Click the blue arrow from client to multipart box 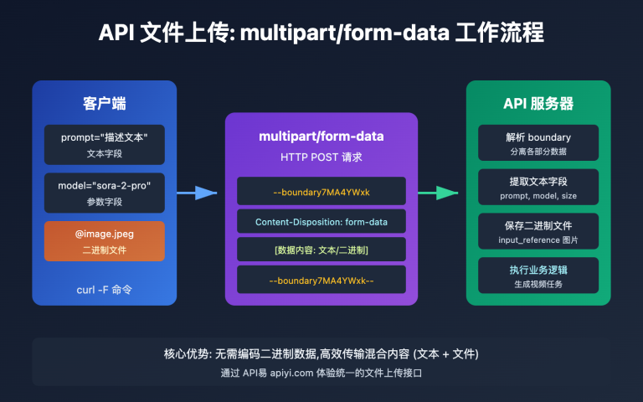[198, 193]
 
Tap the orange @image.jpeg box [104, 241]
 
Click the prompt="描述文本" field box [104, 144]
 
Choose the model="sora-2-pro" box [104, 193]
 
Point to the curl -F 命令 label [104, 290]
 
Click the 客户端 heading [104, 103]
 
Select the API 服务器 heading [538, 103]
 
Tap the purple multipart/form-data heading [321, 137]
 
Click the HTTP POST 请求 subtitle [321, 157]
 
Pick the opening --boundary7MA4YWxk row [321, 192]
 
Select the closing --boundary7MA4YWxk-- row [321, 280]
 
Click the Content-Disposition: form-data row [321, 222]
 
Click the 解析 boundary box [538, 142]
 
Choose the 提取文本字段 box [538, 187]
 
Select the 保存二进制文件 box [538, 231]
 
